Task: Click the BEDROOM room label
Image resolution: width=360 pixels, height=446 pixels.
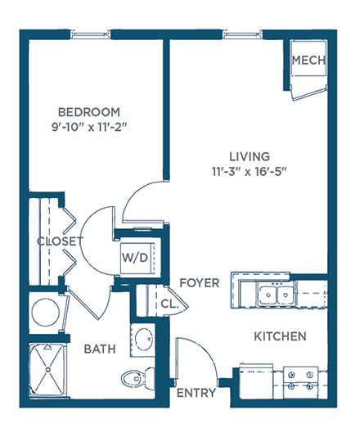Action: (88, 112)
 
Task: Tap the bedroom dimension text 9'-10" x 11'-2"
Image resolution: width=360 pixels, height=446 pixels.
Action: (88, 127)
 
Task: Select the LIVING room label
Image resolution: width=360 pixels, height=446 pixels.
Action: (250, 157)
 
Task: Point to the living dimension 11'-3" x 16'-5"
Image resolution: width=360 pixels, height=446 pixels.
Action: (249, 172)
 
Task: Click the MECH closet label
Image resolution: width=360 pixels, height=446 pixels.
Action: (308, 60)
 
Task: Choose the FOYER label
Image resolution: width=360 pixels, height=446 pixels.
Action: (200, 283)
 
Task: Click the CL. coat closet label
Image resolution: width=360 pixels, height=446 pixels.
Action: (169, 304)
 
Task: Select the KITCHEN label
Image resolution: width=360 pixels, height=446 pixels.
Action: (280, 336)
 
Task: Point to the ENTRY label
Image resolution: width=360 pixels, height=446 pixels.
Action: (196, 393)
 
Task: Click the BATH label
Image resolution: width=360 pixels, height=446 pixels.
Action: (100, 349)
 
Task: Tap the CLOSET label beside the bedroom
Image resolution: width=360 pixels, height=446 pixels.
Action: (60, 241)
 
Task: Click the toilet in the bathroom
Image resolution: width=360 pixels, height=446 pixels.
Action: (138, 377)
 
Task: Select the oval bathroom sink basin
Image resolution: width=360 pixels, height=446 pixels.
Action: (145, 340)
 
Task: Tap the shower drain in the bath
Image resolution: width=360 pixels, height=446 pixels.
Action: (48, 370)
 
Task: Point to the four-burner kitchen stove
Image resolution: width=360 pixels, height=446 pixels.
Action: (300, 382)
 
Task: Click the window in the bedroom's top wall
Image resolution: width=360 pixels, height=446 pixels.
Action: (91, 34)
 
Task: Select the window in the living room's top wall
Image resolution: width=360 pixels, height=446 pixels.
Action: (242, 34)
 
